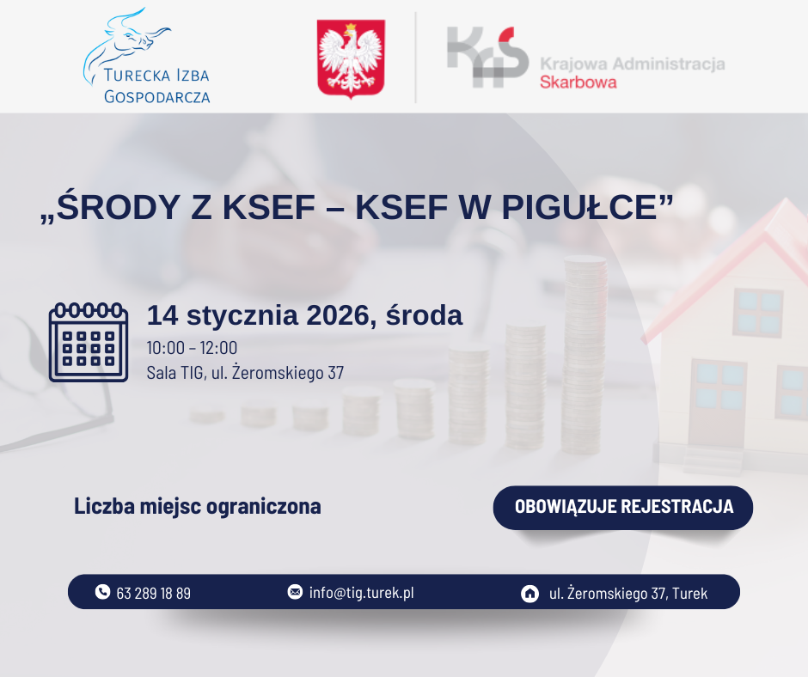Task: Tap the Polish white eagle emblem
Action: [x=351, y=58]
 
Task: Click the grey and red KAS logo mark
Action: [x=487, y=57]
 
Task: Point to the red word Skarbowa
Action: [x=578, y=82]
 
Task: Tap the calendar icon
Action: [x=89, y=342]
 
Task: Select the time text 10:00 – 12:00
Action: [x=192, y=348]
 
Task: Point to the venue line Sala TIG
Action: [x=245, y=372]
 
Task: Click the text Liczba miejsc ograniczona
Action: [x=198, y=507]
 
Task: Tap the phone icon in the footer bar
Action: [x=102, y=591]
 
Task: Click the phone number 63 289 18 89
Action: [x=154, y=594]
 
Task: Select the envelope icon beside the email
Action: [x=295, y=591]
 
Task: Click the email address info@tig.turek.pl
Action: [x=361, y=593]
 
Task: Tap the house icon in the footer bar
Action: [x=529, y=594]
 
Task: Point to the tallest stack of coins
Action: [x=585, y=355]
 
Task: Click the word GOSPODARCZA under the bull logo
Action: [x=156, y=97]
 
